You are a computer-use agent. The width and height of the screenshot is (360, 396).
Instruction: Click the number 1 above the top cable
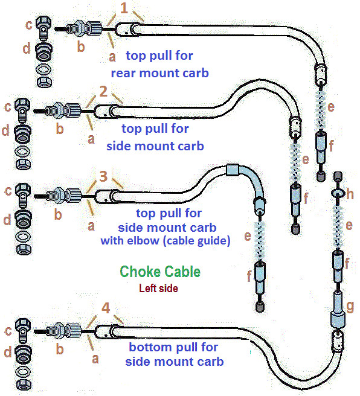click(124, 8)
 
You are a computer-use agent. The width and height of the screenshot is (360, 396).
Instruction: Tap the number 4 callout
click(106, 308)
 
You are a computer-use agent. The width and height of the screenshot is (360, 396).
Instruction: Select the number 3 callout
click(103, 176)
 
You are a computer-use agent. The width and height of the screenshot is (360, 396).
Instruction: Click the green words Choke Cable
click(160, 272)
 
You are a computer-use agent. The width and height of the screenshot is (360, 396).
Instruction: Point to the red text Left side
click(158, 288)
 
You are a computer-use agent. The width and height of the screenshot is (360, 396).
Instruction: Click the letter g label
click(350, 307)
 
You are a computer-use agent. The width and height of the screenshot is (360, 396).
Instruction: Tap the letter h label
click(350, 194)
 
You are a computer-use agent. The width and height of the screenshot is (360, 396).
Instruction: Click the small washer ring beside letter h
click(338, 193)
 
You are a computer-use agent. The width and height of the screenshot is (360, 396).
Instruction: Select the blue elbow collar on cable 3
click(233, 170)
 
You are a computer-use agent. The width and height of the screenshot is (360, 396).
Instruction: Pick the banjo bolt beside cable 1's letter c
click(43, 28)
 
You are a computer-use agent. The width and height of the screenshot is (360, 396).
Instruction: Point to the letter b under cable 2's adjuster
click(60, 129)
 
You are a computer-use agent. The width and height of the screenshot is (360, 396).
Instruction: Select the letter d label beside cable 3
click(8, 219)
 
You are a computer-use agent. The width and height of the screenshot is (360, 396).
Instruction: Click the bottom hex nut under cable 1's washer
click(44, 82)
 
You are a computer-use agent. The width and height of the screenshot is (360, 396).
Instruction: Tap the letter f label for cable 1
click(331, 145)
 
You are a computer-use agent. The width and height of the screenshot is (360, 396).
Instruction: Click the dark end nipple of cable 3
click(260, 307)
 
